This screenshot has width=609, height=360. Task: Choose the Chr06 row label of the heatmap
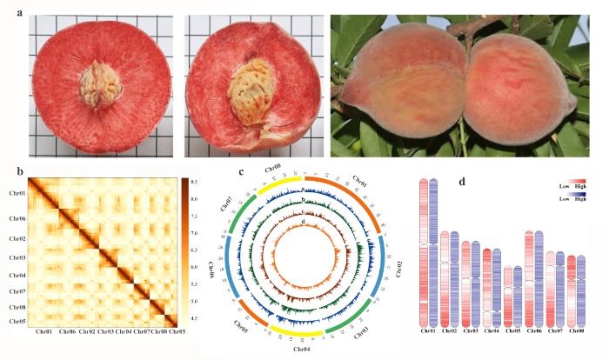coord(17,218)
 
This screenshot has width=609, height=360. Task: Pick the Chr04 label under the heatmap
coord(124,331)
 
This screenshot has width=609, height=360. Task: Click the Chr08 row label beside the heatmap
coord(17,307)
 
